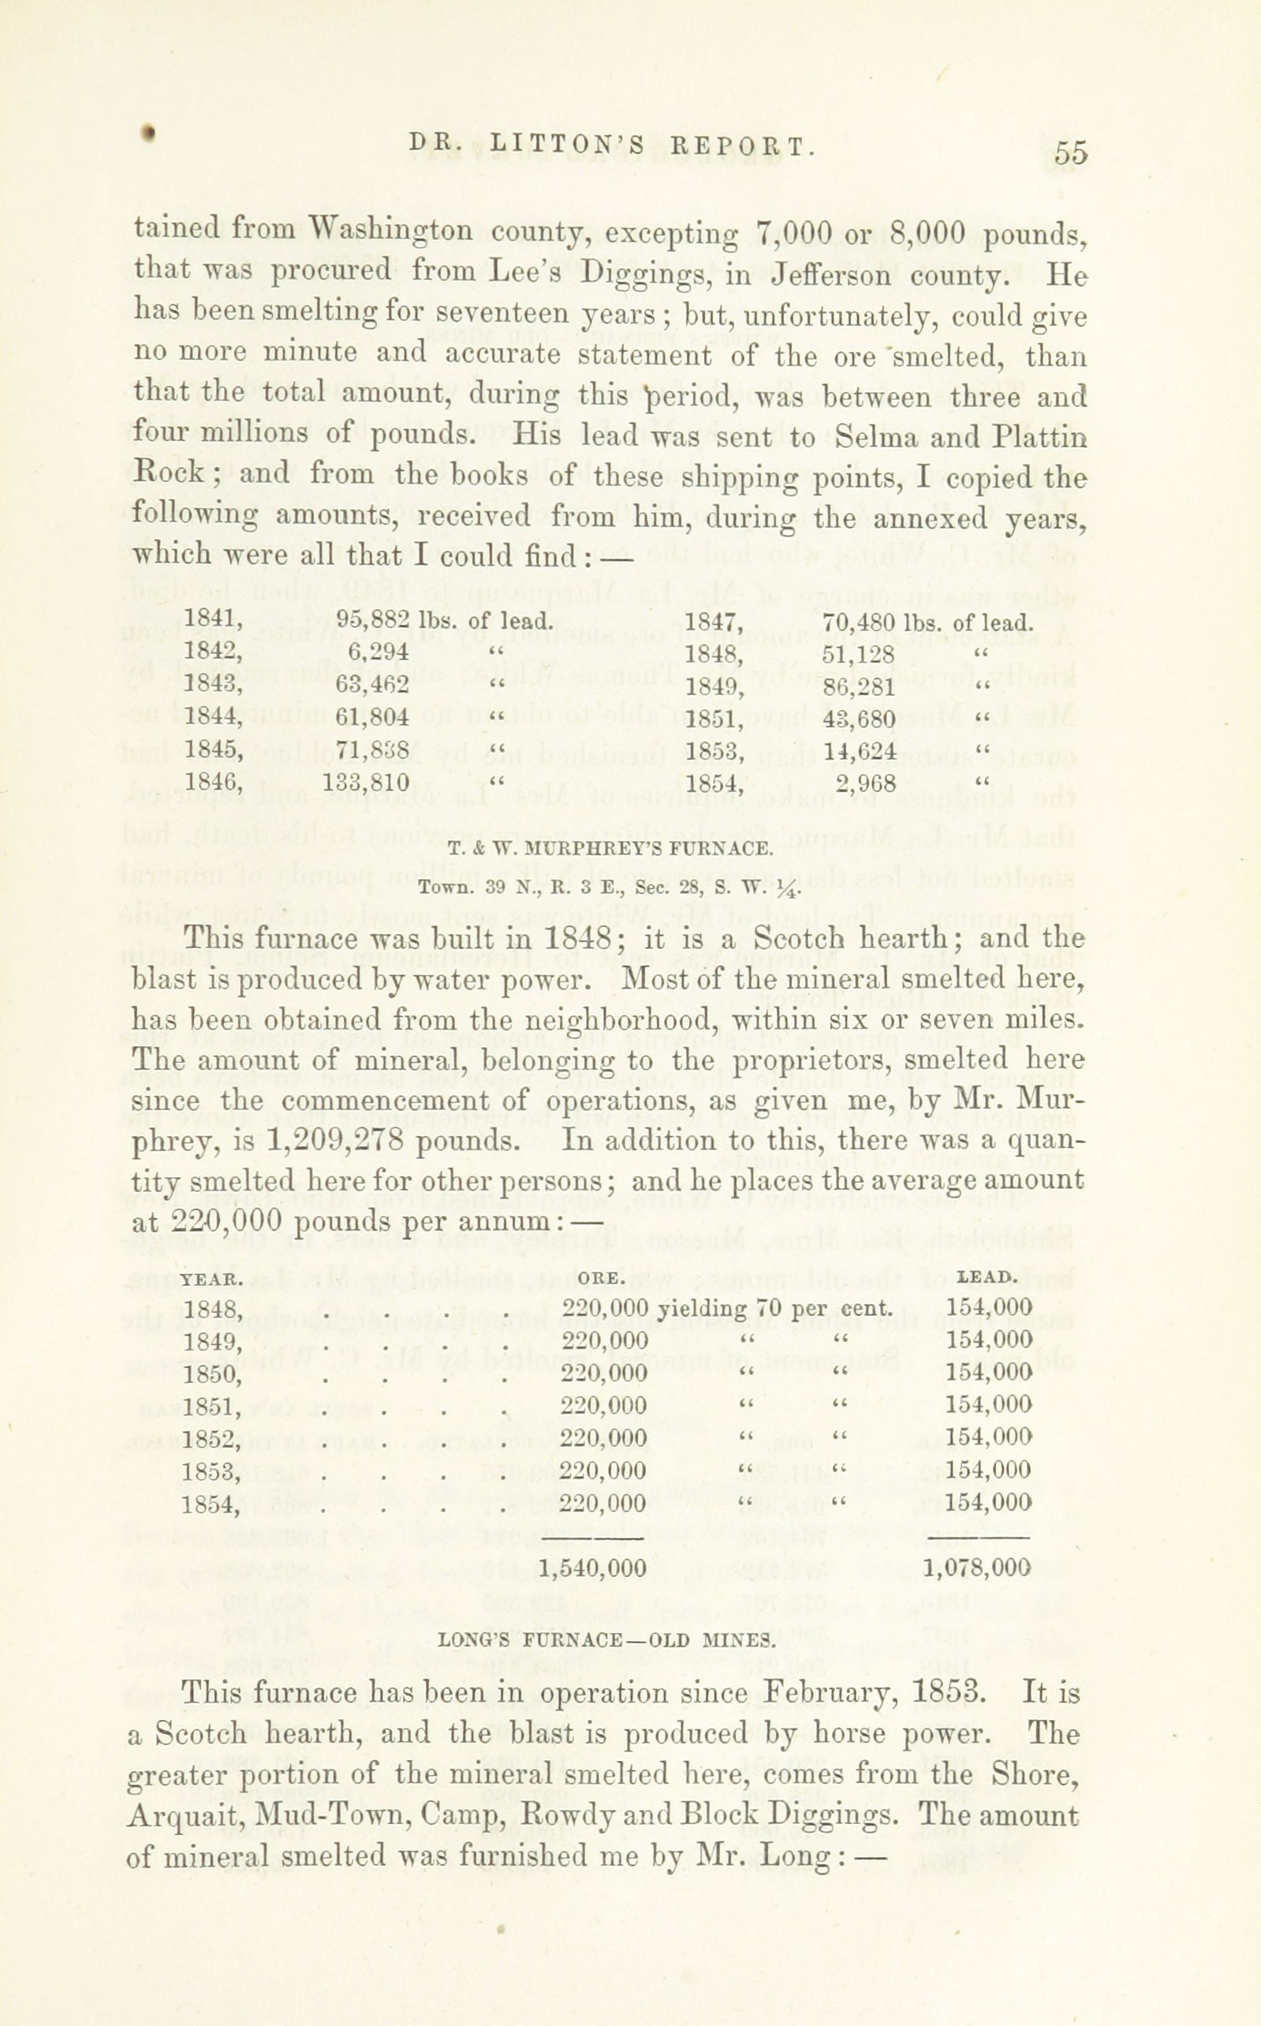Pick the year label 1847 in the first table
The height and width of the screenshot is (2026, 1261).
click(x=712, y=622)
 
